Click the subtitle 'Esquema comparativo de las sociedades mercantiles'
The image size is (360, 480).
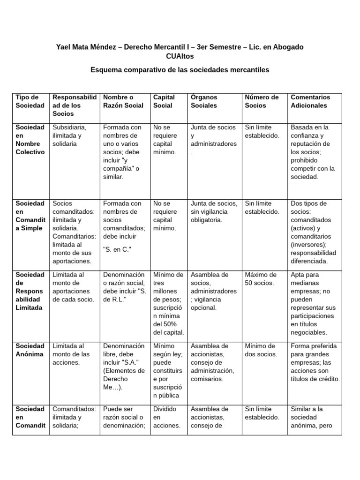coord(180,70)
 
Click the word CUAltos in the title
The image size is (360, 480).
coord(180,56)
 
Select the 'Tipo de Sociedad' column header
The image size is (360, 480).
coord(30,101)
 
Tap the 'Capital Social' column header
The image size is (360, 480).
coord(164,101)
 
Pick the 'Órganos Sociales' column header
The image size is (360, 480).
coord(204,101)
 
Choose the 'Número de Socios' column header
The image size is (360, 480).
coord(262,101)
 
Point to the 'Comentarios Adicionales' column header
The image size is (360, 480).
coord(310,101)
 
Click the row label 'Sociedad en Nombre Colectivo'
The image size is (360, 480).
coord(30,140)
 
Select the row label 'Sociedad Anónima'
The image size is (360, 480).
coord(30,350)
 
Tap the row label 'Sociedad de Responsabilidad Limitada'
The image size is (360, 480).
coord(30,291)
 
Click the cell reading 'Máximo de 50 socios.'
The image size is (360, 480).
coord(261,279)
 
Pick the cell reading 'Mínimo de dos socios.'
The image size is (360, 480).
coord(261,350)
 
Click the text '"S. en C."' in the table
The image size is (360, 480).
coord(117,249)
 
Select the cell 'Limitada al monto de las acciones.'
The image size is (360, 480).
coord(73,354)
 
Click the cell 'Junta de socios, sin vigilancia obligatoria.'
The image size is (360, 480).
coord(214,212)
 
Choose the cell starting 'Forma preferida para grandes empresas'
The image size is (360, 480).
coord(315,362)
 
